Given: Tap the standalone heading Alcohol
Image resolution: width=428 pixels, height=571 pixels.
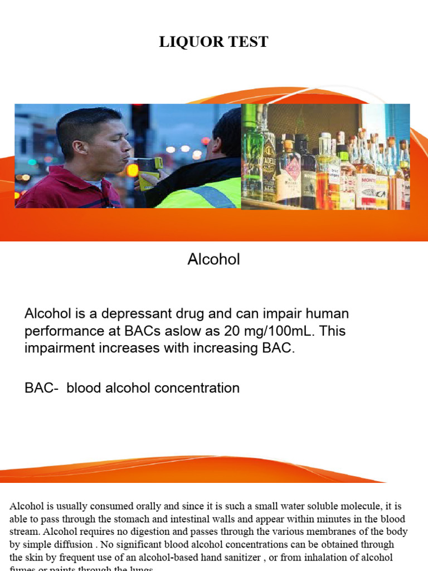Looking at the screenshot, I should pyautogui.click(x=214, y=259).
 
